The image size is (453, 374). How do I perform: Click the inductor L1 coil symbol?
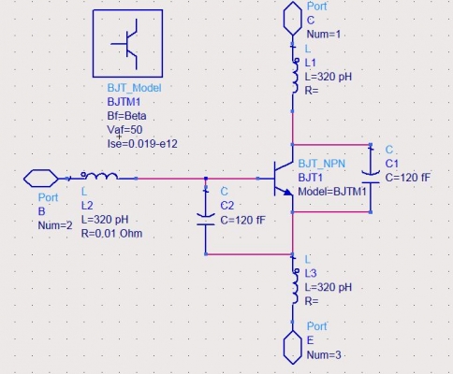pyautogui.click(x=295, y=76)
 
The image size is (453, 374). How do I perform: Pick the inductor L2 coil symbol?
pyautogui.click(x=99, y=176)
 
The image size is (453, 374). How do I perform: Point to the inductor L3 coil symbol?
pyautogui.click(x=295, y=286)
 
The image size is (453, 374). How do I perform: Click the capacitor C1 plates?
pyautogui.click(x=371, y=177)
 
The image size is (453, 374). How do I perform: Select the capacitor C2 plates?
pyautogui.click(x=206, y=220)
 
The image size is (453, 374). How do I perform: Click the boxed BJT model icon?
pyautogui.click(x=127, y=43)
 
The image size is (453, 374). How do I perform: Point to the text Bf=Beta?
pyautogui.click(x=126, y=116)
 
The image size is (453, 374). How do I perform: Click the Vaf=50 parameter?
pyautogui.click(x=124, y=130)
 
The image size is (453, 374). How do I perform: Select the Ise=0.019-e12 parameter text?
pyautogui.click(x=142, y=144)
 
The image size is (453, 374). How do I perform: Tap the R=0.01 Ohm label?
pyautogui.click(x=111, y=234)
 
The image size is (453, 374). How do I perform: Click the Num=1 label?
pyautogui.click(x=324, y=35)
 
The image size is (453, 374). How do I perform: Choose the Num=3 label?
pyautogui.click(x=324, y=355)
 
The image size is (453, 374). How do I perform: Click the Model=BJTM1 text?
pyautogui.click(x=332, y=192)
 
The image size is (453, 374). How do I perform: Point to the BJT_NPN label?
pyautogui.click(x=322, y=164)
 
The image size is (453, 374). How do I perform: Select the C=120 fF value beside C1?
pyautogui.click(x=408, y=178)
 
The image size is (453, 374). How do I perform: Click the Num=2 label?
pyautogui.click(x=55, y=225)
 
